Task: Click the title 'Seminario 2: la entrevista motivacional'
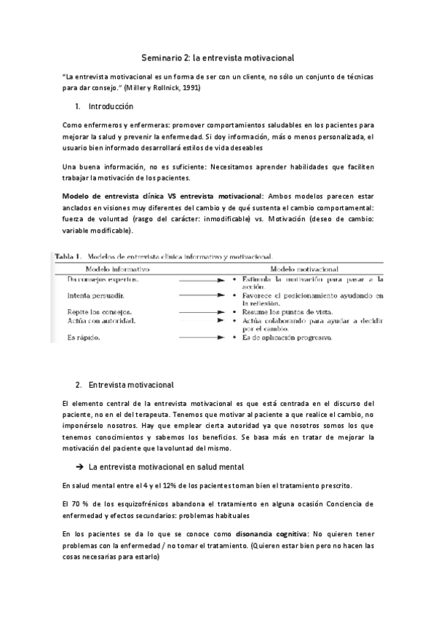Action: pos(218,56)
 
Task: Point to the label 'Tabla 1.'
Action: pos(67,257)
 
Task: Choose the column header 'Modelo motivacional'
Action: pos(308,268)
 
